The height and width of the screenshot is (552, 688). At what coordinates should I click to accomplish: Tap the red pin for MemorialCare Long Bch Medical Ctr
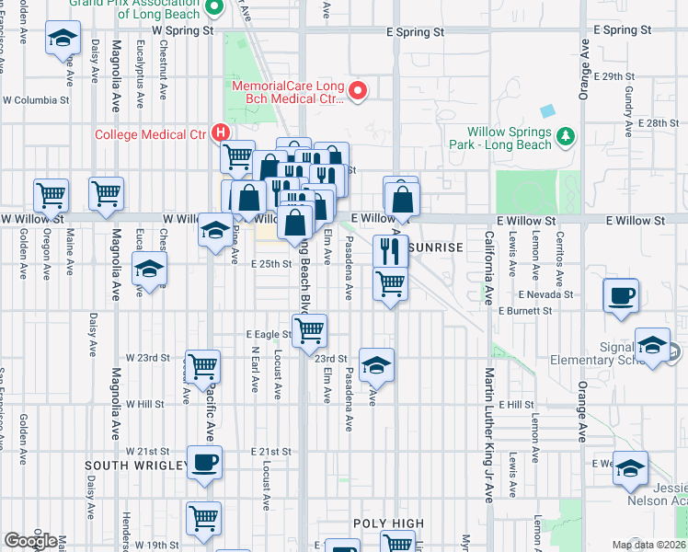(360, 90)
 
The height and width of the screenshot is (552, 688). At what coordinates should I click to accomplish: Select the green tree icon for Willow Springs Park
(567, 137)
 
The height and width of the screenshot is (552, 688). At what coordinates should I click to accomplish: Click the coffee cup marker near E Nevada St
(621, 296)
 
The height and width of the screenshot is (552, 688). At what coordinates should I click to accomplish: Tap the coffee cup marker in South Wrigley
(204, 463)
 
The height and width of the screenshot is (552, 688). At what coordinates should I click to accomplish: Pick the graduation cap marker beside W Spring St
(63, 39)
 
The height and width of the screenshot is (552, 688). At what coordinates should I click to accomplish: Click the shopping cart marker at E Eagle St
(310, 328)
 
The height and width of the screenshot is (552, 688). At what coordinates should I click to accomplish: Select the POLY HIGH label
(389, 523)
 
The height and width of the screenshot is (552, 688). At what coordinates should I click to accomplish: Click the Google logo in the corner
(31, 541)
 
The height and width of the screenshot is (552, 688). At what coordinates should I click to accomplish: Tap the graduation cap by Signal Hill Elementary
(653, 346)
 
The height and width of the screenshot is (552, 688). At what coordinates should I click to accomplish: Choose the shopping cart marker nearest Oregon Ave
(51, 194)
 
